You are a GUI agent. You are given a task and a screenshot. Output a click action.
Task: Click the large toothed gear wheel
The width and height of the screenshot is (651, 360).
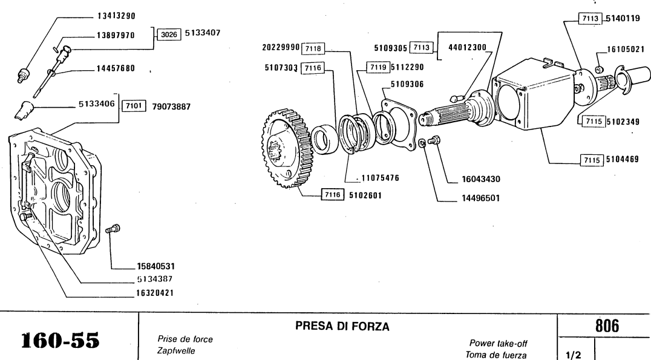pyautogui.click(x=284, y=151)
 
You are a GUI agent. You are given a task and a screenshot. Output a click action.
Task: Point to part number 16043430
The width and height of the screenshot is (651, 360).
pyautogui.click(x=479, y=180)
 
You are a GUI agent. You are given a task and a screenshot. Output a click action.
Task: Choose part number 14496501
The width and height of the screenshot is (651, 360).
pyautogui.click(x=479, y=197)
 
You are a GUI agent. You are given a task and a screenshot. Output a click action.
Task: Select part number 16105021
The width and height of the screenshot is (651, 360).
pyautogui.click(x=627, y=51)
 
